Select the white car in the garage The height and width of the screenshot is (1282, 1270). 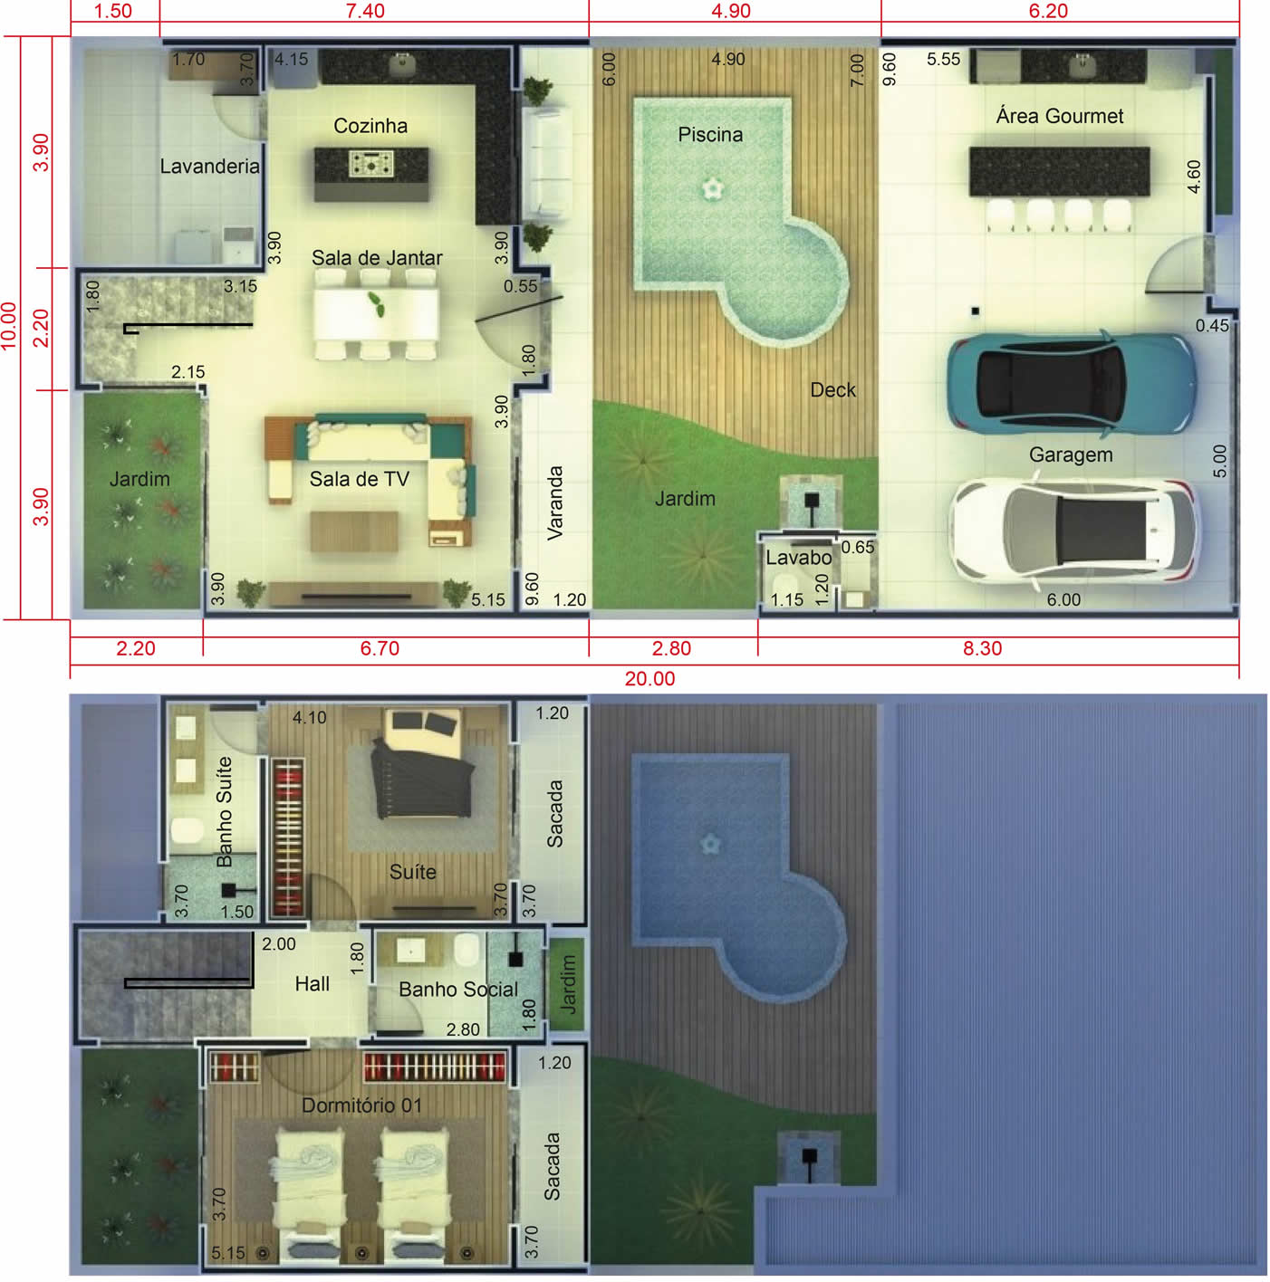(1073, 531)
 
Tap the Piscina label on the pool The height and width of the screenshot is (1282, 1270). (710, 134)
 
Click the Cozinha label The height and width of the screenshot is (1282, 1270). (370, 126)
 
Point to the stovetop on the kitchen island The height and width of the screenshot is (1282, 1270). (371, 164)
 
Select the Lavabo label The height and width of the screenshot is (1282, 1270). (798, 558)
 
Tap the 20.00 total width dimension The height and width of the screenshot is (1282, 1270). (649, 679)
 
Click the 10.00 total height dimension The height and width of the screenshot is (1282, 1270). (9, 326)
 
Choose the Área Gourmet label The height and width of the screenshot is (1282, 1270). (1060, 116)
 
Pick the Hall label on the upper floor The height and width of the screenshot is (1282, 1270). (313, 984)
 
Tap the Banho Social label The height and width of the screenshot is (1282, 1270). (458, 990)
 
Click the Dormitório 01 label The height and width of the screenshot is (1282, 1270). (361, 1105)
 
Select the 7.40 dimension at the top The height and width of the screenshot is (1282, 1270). (365, 11)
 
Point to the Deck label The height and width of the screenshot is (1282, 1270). (832, 390)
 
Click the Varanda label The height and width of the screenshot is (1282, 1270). (554, 503)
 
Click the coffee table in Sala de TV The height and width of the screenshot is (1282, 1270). (354, 531)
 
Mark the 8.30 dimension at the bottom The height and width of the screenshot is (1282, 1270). (982, 648)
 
